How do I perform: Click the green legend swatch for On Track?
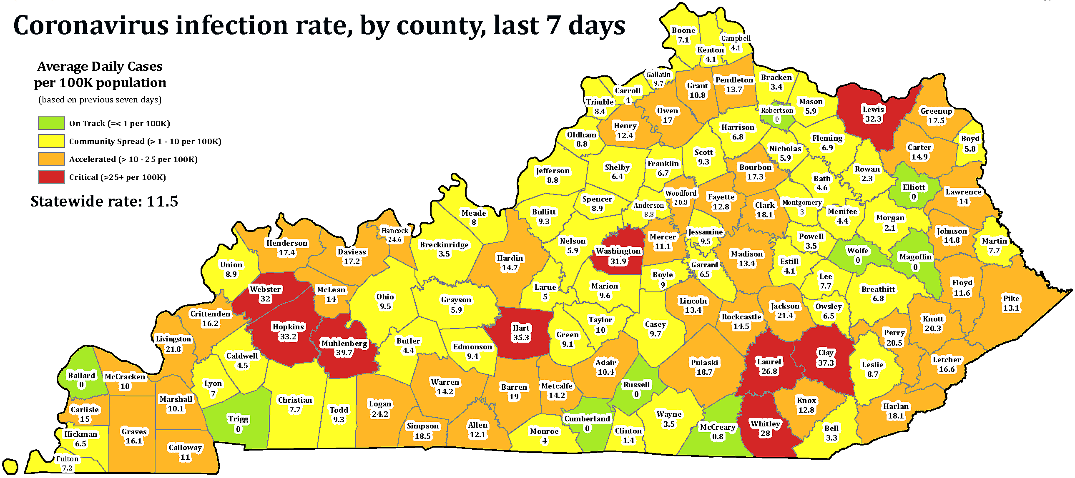pyautogui.click(x=51, y=123)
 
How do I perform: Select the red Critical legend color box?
pyautogui.click(x=51, y=177)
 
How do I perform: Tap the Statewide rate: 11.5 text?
pyautogui.click(x=104, y=202)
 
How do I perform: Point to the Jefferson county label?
pyautogui.click(x=553, y=171)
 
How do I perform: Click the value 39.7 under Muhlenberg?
pyautogui.click(x=344, y=353)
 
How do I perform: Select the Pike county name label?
pyautogui.click(x=1011, y=299)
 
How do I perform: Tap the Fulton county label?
pyautogui.click(x=67, y=459)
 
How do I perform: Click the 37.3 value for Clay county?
pyautogui.click(x=826, y=363)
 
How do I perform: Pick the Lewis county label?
pyautogui.click(x=873, y=110)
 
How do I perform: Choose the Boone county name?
pyautogui.click(x=683, y=30)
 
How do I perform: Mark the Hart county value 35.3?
pyautogui.click(x=521, y=337)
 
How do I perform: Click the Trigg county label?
pyautogui.click(x=238, y=418)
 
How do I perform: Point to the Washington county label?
pyautogui.click(x=618, y=251)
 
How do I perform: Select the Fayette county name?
pyautogui.click(x=721, y=197)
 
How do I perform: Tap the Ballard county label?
pyautogui.click(x=81, y=375)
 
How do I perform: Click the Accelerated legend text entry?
pyautogui.click(x=133, y=159)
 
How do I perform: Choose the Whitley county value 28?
pyautogui.click(x=765, y=433)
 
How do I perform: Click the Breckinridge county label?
pyautogui.click(x=444, y=245)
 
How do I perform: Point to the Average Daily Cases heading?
pyautogui.click(x=100, y=67)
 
